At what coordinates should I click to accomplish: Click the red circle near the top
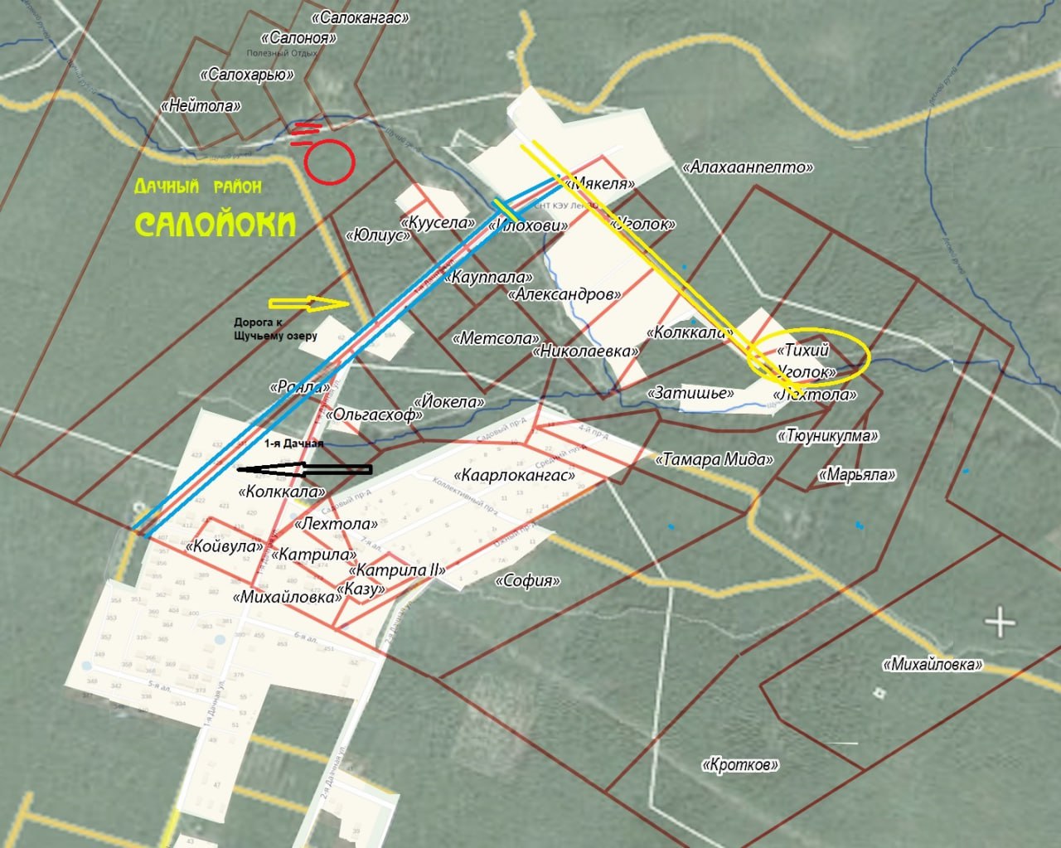tap(328, 162)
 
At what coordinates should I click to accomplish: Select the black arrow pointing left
tap(304, 470)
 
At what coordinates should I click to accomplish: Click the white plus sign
tap(1000, 622)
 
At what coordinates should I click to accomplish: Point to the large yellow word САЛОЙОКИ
tap(216, 224)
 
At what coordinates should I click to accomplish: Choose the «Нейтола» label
tap(201, 106)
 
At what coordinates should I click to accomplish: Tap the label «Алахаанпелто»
tap(747, 167)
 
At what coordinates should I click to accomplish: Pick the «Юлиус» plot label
tap(379, 235)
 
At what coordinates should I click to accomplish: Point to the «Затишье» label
tap(693, 392)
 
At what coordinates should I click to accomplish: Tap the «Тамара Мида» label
tap(715, 459)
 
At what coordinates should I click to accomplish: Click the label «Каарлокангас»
tap(514, 476)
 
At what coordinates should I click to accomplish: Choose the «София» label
tap(528, 580)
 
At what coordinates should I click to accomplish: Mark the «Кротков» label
tap(740, 764)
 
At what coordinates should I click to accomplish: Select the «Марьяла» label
tap(857, 475)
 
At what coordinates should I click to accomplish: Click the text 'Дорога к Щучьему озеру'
tap(275, 329)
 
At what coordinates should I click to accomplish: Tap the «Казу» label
tap(361, 589)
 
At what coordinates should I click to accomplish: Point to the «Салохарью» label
tap(247, 75)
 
